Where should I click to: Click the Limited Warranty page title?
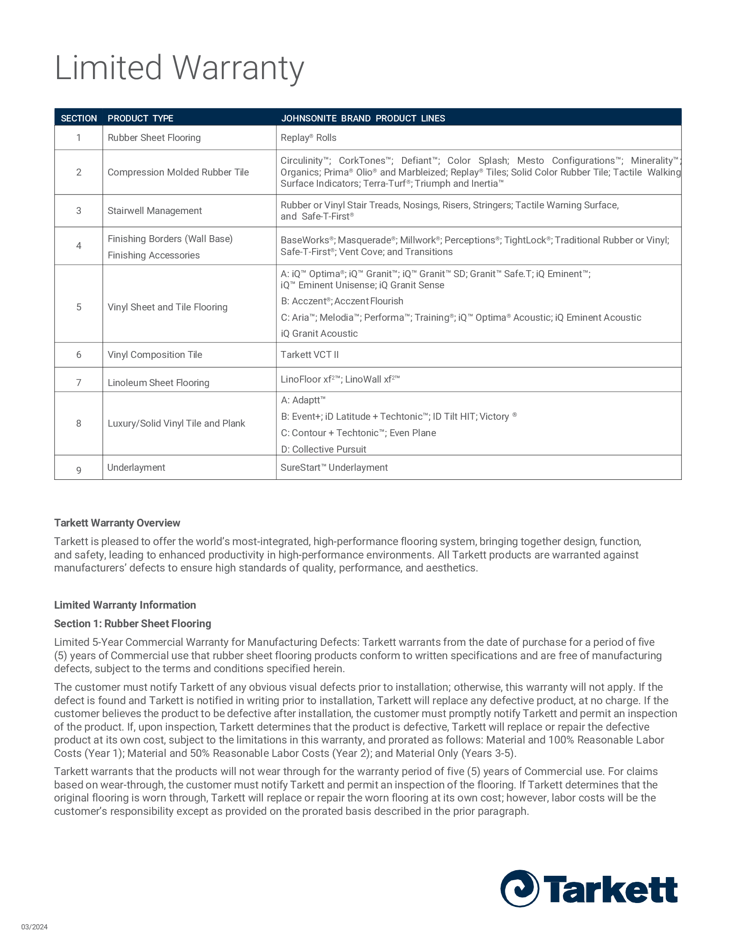coord(179,68)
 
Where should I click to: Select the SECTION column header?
coord(79,118)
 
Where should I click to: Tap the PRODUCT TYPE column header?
coord(140,118)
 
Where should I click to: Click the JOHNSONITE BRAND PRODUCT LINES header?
coord(363,118)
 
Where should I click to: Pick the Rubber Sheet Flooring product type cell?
coord(154,138)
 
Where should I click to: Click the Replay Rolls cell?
coord(308,138)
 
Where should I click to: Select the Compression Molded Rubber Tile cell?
coord(178,172)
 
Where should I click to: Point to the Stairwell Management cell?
coord(155,211)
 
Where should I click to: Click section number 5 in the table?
coord(79,307)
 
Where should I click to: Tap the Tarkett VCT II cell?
coord(310,355)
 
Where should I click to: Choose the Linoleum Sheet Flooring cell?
coord(159,383)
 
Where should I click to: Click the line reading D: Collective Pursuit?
coord(323,450)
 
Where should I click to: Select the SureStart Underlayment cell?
coord(334,468)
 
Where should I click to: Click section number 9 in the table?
coord(79,470)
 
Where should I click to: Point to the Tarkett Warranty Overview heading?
coord(117,523)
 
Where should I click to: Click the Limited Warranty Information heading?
coord(125,605)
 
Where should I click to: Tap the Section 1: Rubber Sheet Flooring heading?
coord(132,624)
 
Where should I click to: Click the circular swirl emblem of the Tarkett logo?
coord(519,889)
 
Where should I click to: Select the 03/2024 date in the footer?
coord(35,927)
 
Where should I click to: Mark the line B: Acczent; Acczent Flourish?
coord(342,301)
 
